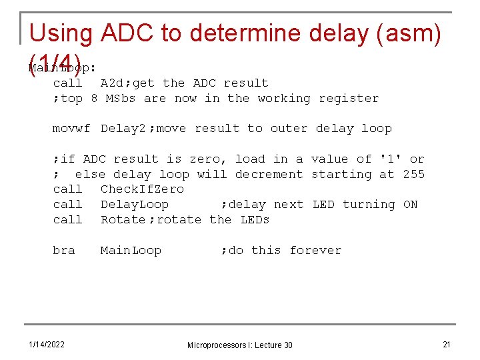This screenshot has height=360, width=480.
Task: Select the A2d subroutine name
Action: pos(111,83)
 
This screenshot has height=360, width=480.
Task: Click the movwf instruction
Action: pos(71,128)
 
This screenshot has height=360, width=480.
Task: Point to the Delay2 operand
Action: pos(123,128)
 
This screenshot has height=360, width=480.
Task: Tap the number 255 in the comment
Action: pos(413,174)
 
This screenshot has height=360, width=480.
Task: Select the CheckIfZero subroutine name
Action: pos(142,189)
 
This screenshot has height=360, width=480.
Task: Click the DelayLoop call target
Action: pos(135,204)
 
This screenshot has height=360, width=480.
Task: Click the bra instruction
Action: pos(64,250)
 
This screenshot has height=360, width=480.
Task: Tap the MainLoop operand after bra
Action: pos(131,250)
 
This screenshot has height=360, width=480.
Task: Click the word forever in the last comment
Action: pos(315,250)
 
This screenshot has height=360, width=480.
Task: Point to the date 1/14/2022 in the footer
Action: pos(47,344)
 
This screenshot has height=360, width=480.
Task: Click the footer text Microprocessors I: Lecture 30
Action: pos(239,345)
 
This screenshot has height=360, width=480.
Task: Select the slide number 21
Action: pos(447,344)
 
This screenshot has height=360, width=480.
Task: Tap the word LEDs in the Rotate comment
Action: pos(255,219)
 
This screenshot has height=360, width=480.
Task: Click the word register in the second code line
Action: pos(349,98)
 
